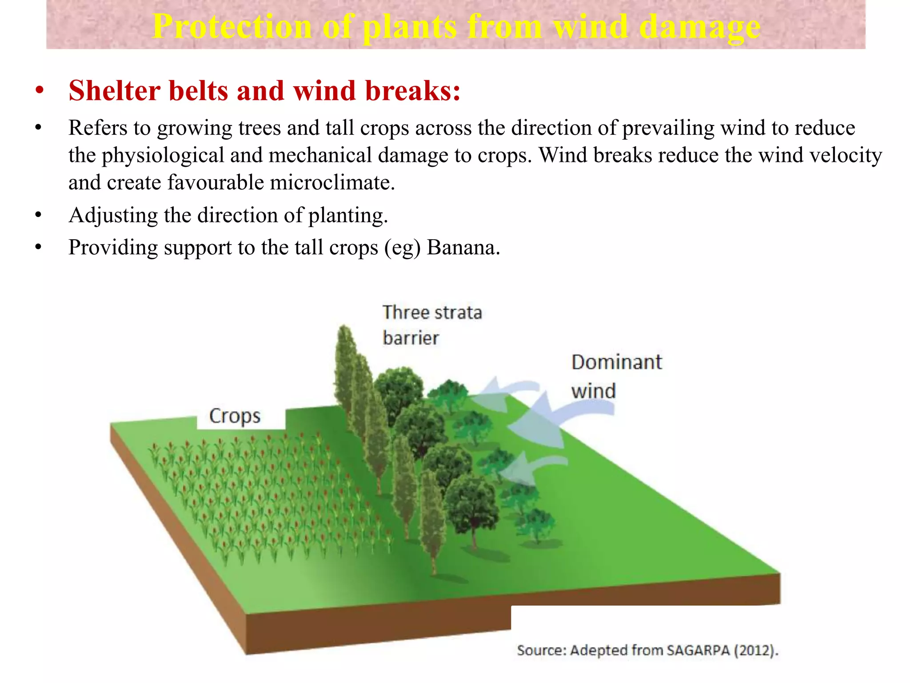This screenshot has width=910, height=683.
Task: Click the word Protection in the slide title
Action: [x=232, y=27]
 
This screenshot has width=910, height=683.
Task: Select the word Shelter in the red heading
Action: [x=114, y=91]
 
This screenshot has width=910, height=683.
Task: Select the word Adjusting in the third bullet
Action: [x=113, y=216]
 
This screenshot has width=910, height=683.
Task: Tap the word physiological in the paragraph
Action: [x=163, y=156]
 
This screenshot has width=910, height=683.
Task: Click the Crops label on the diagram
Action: [x=235, y=416]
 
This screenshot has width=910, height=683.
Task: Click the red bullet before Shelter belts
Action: [x=40, y=91]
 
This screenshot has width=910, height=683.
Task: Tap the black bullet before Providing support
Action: [x=39, y=248]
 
